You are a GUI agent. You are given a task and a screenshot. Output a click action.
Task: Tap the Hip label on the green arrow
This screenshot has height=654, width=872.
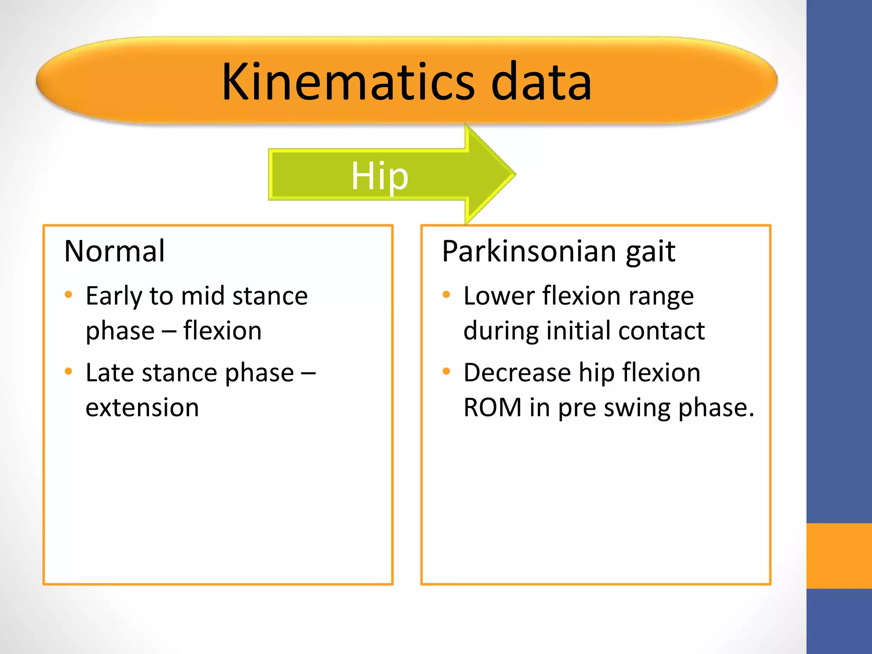[x=379, y=176]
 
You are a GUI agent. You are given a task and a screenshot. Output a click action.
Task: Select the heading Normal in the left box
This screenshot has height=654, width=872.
[x=114, y=251]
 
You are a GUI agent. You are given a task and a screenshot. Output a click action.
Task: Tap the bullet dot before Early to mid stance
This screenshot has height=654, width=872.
[x=69, y=295]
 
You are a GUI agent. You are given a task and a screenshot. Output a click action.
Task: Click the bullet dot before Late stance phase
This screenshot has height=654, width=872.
[x=69, y=371]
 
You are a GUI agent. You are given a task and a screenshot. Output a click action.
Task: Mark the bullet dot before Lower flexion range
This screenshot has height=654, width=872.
[x=446, y=295]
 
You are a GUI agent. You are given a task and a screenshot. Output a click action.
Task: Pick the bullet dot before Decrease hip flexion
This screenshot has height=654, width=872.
[x=446, y=371]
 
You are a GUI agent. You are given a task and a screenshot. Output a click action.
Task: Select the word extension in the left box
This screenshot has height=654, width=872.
[x=142, y=407]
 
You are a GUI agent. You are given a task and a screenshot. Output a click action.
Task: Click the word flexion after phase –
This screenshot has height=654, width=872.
[x=222, y=331]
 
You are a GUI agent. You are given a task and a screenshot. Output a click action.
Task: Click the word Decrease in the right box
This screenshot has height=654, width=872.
[x=517, y=373]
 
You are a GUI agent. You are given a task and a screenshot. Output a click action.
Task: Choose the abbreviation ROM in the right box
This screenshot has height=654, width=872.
[x=492, y=407]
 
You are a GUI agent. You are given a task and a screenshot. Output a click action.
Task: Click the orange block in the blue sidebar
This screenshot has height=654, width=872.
[x=839, y=556]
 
